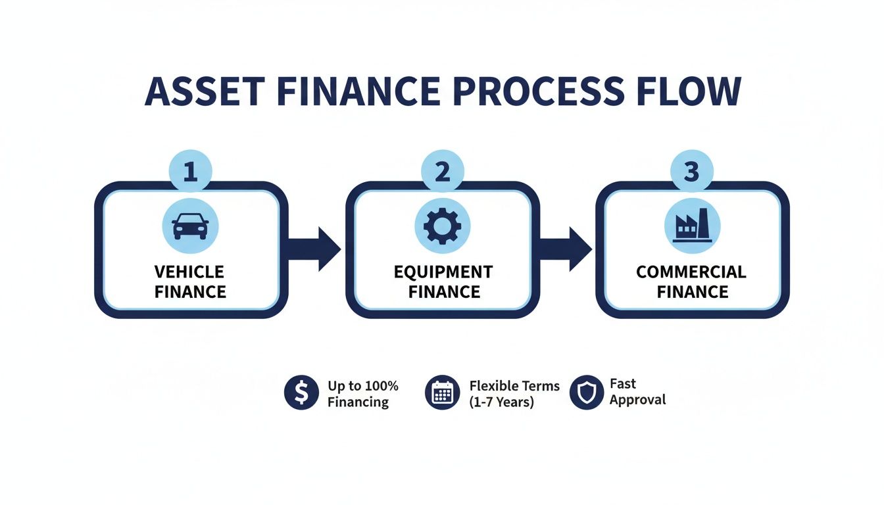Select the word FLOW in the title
pyautogui.click(x=696, y=91)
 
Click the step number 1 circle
pyautogui.click(x=190, y=172)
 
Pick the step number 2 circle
pyautogui.click(x=443, y=172)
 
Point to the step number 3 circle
pyautogui.click(x=691, y=172)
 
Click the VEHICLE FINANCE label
pyautogui.click(x=190, y=281)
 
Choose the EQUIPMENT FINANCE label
pyautogui.click(x=443, y=281)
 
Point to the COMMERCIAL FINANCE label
pyautogui.click(x=691, y=281)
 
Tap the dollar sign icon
pyautogui.click(x=301, y=393)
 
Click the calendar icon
pyautogui.click(x=443, y=393)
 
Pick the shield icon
pyautogui.click(x=586, y=393)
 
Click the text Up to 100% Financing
pyautogui.click(x=362, y=393)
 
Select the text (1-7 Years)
pyautogui.click(x=502, y=402)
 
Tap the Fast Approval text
pyautogui.click(x=637, y=391)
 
